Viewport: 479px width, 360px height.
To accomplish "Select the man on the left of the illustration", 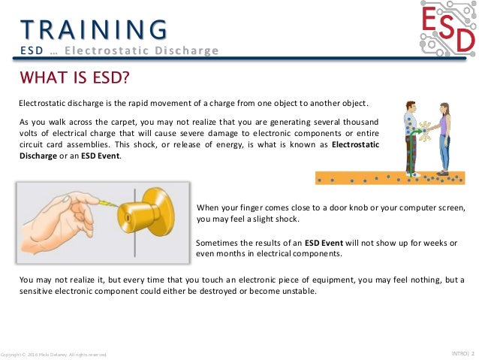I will point(410,139).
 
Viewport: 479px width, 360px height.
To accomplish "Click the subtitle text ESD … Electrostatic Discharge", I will point(119,50).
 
